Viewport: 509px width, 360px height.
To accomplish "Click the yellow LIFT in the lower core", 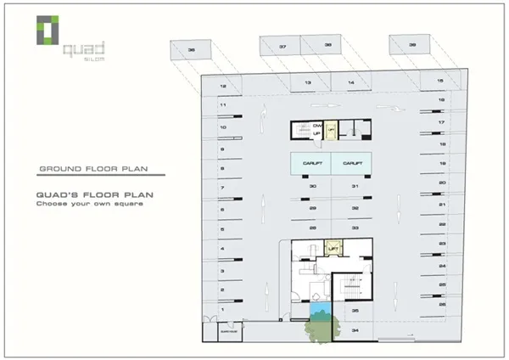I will coord(333,248).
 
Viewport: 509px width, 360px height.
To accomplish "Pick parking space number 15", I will coord(440,81).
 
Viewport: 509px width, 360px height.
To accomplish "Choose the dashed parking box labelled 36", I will coord(193,50).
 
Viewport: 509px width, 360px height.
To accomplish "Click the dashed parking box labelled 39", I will coord(412,45).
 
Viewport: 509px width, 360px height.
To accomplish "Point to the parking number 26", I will coord(442,303).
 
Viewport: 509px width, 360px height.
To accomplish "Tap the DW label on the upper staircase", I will coord(316,126).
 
